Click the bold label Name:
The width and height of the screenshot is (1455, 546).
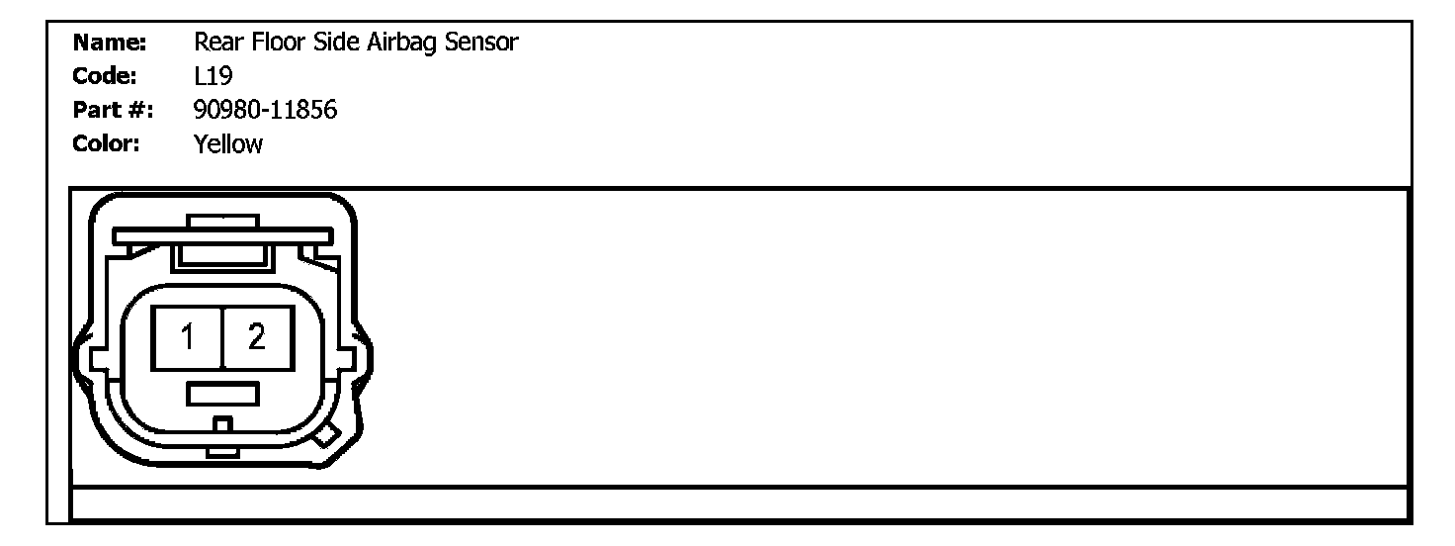tap(111, 43)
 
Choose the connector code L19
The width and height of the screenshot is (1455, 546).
tap(214, 76)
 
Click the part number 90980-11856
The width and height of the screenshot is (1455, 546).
tap(266, 110)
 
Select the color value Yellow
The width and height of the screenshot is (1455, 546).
tap(229, 143)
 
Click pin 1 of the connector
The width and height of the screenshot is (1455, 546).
tap(187, 338)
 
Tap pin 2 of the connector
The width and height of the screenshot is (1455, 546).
tap(257, 338)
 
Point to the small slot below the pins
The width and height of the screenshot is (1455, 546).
tap(222, 394)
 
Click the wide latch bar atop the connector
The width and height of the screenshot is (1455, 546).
tap(220, 237)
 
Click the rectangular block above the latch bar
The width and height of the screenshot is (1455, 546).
tap(222, 222)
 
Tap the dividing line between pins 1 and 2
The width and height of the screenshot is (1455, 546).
tap(222, 338)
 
